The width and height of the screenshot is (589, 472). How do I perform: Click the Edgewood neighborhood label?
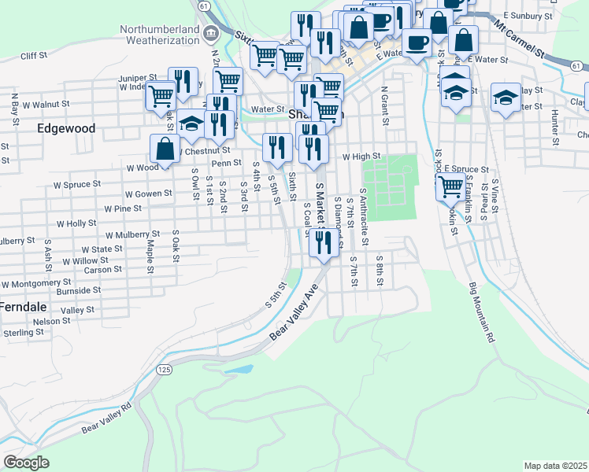tap(66, 128)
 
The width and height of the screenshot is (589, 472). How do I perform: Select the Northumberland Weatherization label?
tap(159, 35)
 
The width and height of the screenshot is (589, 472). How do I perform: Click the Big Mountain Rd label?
tap(480, 312)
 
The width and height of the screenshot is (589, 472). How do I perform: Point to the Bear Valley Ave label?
tap(298, 313)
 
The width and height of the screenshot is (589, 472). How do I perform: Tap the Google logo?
tap(26, 463)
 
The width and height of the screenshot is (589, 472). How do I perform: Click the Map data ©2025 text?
tap(555, 466)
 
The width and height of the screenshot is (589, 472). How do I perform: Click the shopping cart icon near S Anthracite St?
tap(450, 186)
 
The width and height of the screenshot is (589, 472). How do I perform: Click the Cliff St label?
tap(35, 56)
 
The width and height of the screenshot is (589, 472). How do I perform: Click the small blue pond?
tap(238, 368)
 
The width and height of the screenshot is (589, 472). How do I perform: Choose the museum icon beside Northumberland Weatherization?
tap(210, 34)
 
